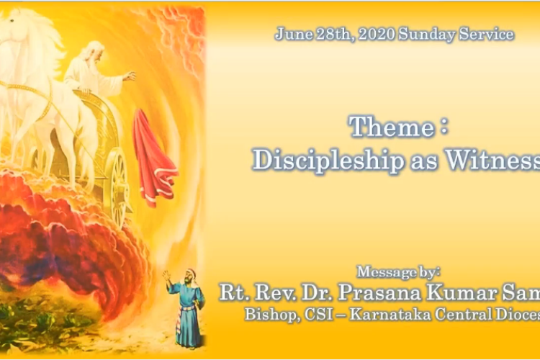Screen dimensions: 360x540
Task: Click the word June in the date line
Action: click(x=290, y=35)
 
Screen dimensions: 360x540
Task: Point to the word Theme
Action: click(x=391, y=127)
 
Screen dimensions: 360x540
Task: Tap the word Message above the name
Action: click(x=381, y=271)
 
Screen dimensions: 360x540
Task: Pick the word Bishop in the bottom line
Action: click(x=268, y=315)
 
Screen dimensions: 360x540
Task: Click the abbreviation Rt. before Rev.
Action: click(x=233, y=292)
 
